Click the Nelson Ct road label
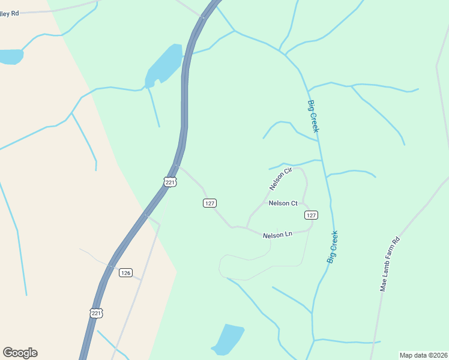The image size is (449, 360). (x=283, y=203)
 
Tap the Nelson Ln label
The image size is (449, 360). (x=277, y=235)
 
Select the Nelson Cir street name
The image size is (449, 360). (x=280, y=179)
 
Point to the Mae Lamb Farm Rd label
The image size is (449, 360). (x=390, y=264)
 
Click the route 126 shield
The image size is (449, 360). (x=125, y=272)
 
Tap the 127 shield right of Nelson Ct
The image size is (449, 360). (x=310, y=215)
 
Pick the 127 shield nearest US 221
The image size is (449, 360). (x=209, y=203)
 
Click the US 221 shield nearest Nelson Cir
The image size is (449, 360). (x=170, y=181)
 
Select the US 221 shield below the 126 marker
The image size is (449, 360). (x=96, y=313)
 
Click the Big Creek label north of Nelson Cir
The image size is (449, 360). (x=313, y=116)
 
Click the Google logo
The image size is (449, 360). (x=20, y=353)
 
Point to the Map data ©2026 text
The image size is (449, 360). (x=423, y=355)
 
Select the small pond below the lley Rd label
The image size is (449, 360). (x=10, y=56)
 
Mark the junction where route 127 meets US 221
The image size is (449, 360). (x=176, y=166)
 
